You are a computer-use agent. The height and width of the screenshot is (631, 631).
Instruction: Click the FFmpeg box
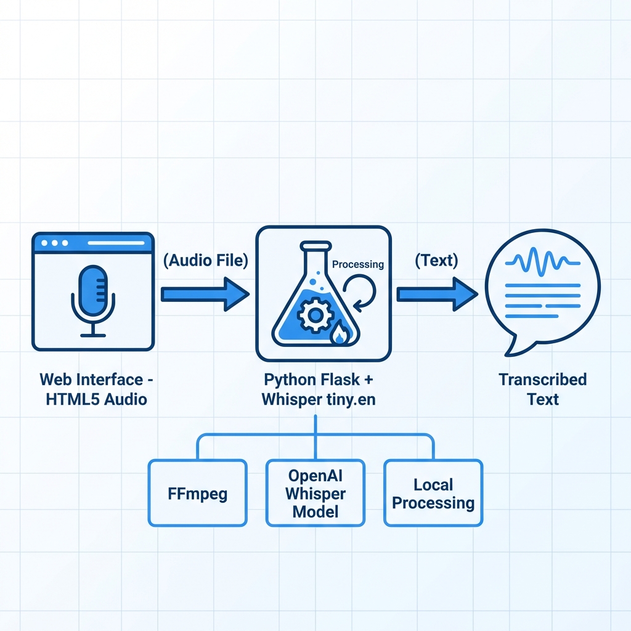(x=197, y=493)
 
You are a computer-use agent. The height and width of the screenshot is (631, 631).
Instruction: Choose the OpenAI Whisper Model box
(x=315, y=493)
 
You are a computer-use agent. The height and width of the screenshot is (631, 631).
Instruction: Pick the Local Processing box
(x=433, y=493)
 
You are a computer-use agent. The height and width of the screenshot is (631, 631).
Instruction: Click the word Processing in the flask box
(x=357, y=264)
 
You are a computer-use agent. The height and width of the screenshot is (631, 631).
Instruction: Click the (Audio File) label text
(x=205, y=261)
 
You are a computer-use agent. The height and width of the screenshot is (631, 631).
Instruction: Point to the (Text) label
(x=436, y=261)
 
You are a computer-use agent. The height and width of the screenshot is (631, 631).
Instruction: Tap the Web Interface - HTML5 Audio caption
(x=93, y=389)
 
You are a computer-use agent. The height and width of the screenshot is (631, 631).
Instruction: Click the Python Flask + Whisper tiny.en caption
(x=318, y=389)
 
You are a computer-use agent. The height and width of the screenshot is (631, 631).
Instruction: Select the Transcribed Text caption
(x=542, y=389)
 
